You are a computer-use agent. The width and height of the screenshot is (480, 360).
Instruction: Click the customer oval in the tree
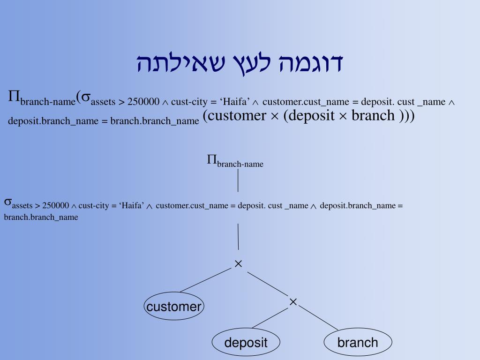[174, 307]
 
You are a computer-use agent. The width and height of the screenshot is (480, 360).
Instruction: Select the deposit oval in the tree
[246, 343]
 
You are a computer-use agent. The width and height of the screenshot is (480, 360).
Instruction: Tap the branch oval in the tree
[358, 343]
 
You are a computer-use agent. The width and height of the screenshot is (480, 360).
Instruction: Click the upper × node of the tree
[238, 264]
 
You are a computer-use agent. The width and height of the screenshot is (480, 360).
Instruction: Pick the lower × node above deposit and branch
[293, 302]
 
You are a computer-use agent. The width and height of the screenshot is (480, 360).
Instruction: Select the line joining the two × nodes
[267, 285]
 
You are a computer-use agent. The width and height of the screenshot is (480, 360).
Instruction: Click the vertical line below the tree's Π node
[239, 180]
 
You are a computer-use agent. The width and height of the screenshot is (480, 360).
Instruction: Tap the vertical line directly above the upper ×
[238, 237]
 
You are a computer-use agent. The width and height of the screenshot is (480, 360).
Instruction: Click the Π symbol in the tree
[211, 160]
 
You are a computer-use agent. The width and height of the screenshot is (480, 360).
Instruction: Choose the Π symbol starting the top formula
[14, 97]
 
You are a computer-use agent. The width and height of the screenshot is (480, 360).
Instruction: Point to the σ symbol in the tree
[8, 202]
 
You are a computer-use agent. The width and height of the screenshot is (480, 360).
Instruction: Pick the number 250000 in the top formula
[144, 102]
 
